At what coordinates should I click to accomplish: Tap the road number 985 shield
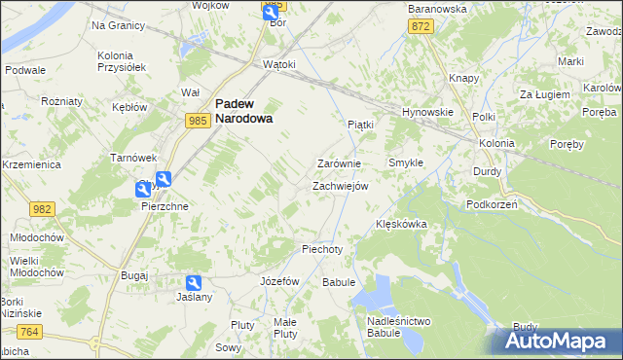point(198,120)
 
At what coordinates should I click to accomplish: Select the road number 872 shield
point(421,27)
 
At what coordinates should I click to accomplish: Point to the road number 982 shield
point(42,210)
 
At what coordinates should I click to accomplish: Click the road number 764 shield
point(29,333)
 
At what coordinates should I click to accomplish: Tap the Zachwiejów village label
point(340,186)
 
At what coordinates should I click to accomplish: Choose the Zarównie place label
point(340,163)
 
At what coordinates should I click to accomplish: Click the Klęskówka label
point(401,224)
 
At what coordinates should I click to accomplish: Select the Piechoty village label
point(323,249)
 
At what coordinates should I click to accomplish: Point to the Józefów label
point(279,280)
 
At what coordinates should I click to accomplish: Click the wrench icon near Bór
point(270,11)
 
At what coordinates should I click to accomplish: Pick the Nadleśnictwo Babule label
point(399,327)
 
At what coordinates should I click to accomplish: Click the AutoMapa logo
point(560,342)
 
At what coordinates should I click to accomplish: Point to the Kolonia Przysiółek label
point(122,62)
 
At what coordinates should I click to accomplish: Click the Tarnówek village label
point(133,158)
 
